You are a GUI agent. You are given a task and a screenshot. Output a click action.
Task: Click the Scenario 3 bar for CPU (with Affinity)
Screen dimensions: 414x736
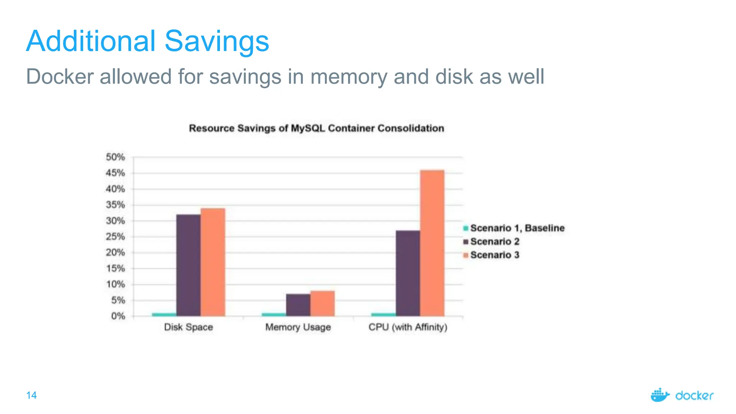[432, 243]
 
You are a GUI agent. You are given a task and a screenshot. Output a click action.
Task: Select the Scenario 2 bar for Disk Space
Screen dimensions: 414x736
[188, 265]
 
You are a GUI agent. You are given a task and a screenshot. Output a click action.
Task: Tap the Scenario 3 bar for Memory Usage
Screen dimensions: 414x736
[322, 304]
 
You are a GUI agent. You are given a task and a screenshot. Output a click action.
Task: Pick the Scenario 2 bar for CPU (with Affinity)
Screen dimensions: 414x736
[408, 273]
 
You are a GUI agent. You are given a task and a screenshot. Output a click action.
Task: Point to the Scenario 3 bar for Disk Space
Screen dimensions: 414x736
[213, 262]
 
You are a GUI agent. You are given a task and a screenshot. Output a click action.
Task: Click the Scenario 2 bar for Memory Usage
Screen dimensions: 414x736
[298, 305]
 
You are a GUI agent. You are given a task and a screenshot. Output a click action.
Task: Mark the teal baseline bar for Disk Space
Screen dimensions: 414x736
[164, 314]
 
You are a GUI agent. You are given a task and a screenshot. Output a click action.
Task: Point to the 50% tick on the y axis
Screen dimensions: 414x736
[115, 157]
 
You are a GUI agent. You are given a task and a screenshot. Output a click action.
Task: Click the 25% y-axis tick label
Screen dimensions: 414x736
[115, 237]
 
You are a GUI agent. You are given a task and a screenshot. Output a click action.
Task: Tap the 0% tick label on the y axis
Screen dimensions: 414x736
[118, 316]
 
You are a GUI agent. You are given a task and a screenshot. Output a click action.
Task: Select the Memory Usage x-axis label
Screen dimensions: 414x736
[298, 327]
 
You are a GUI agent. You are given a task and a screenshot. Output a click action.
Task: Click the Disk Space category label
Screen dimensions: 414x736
[188, 327]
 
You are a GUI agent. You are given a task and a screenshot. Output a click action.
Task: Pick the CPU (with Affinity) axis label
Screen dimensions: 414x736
[408, 327]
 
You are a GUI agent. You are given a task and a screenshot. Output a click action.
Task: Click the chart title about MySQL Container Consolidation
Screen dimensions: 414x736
[316, 128]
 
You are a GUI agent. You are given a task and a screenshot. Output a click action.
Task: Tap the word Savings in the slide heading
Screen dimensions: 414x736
[217, 41]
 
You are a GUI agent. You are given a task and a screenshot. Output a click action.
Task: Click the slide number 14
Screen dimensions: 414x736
[32, 395]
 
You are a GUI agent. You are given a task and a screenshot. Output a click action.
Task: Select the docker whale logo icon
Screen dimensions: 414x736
[660, 395]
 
